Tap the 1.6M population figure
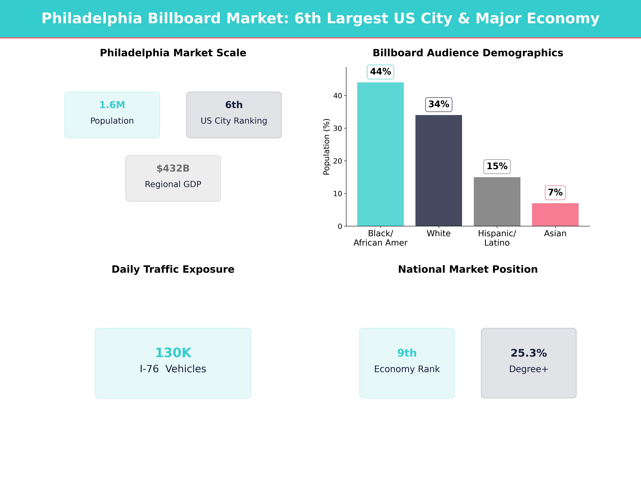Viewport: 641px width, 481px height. tap(112, 105)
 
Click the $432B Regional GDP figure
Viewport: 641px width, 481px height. tap(173, 168)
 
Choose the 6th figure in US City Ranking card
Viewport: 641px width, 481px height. tap(234, 105)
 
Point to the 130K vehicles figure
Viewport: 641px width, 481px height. tap(173, 353)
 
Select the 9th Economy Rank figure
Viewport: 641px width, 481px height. tap(407, 353)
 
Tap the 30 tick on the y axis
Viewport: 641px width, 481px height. tap(338, 128)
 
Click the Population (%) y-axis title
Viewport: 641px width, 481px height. tap(326, 147)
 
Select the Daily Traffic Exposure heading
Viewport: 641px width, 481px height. tap(173, 269)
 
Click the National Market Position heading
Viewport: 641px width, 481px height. tap(468, 269)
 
